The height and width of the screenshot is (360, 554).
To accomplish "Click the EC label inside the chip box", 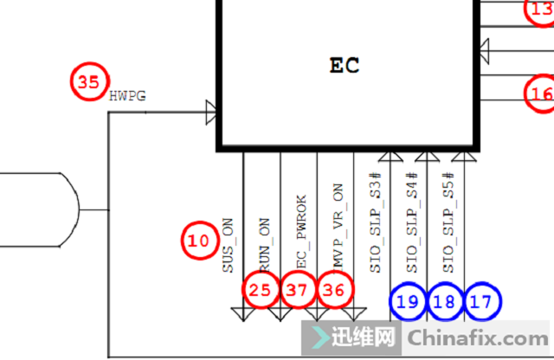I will (345, 65).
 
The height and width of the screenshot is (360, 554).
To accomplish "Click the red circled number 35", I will (87, 82).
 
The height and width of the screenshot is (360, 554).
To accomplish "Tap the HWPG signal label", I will (127, 95).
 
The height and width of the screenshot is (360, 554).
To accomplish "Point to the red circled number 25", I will (260, 291).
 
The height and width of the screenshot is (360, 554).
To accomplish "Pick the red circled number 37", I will (297, 291).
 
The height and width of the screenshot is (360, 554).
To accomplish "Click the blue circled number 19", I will (408, 301).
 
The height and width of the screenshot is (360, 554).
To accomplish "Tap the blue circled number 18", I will (445, 301).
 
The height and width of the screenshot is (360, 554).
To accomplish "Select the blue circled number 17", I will (482, 301).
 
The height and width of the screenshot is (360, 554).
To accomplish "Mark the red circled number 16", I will (542, 93).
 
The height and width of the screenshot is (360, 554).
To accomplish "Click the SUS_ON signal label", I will (229, 247).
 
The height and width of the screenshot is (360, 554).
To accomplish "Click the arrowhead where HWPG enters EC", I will (210, 111).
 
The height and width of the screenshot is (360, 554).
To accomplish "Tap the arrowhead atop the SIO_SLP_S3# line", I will (390, 156).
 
